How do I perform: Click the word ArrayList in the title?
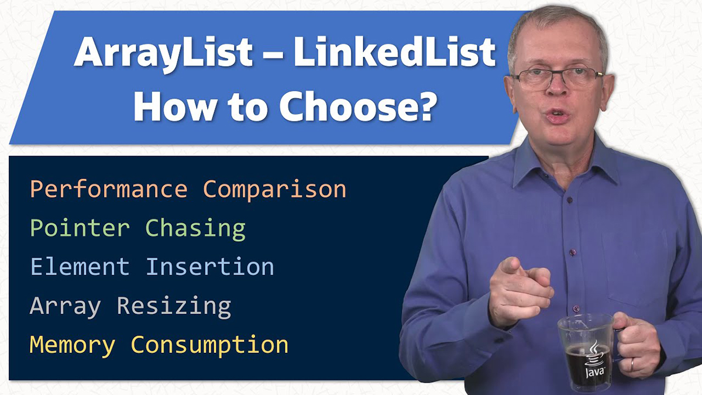tap(163, 53)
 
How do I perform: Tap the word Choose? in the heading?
tap(356, 106)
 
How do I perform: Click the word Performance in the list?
tap(109, 190)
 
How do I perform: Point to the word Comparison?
tap(274, 190)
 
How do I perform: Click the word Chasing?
tap(195, 228)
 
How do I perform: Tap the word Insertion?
tap(210, 267)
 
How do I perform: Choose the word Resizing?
tap(174, 306)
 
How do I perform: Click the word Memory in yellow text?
tap(73, 345)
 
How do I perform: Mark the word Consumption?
tap(209, 345)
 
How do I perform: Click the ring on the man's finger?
tap(631, 363)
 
